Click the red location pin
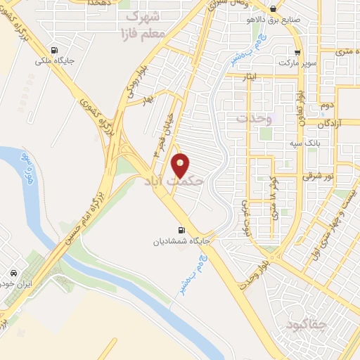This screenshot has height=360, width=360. [x=181, y=165]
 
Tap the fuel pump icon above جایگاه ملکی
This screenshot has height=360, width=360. [x=55, y=50]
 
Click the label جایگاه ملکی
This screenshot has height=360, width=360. [x=55, y=61]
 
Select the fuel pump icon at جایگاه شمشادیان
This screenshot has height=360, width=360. [x=182, y=230]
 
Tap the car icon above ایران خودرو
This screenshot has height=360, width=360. [x=13, y=273]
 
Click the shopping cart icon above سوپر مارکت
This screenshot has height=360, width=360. [x=299, y=52]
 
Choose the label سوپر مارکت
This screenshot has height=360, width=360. [x=298, y=63]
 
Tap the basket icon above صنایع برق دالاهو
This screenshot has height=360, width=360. [x=273, y=9]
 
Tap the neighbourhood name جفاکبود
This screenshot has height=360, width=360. [x=308, y=325]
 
